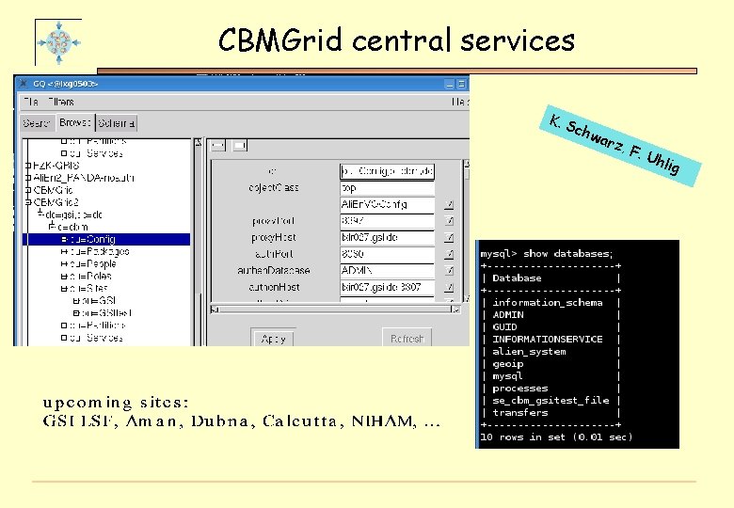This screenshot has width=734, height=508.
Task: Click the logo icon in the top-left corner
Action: point(58,41)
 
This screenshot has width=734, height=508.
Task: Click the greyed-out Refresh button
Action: point(407,338)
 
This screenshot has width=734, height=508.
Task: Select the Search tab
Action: point(37,123)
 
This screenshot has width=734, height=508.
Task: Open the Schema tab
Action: point(117,123)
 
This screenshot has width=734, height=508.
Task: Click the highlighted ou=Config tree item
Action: point(94,239)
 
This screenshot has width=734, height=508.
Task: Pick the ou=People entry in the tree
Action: point(94,264)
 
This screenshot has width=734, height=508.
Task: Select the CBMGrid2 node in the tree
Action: point(56,201)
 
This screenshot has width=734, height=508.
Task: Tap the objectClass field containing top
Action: point(387,188)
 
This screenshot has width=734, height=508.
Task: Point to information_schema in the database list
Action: point(547,303)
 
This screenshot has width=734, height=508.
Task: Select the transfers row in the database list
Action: point(520,412)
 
